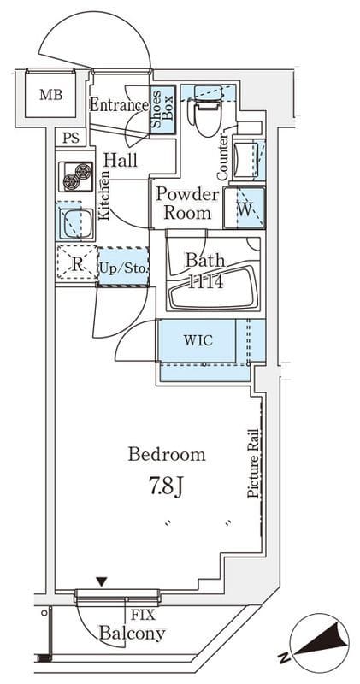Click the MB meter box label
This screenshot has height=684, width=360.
tap(51, 94)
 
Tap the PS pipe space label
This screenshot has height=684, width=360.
tap(70, 139)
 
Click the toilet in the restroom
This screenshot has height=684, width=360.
tap(208, 111)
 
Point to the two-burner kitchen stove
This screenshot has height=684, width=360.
tap(75, 176)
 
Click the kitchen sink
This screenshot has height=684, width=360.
tap(76, 223)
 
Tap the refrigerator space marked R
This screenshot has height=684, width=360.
tap(77, 263)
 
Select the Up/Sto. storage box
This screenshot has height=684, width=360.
tap(123, 267)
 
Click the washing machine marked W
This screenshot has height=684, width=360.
tap(245, 208)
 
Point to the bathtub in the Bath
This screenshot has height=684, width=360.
tap(213, 292)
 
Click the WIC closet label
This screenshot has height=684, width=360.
tap(198, 340)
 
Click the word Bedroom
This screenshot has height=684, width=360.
tap(167, 455)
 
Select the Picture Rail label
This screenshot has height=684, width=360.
tap(253, 463)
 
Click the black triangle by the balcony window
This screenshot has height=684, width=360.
tap(102, 581)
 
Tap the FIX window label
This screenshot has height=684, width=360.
tap(143, 616)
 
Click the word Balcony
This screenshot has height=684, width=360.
tap(133, 633)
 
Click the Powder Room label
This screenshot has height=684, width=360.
tap(187, 203)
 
